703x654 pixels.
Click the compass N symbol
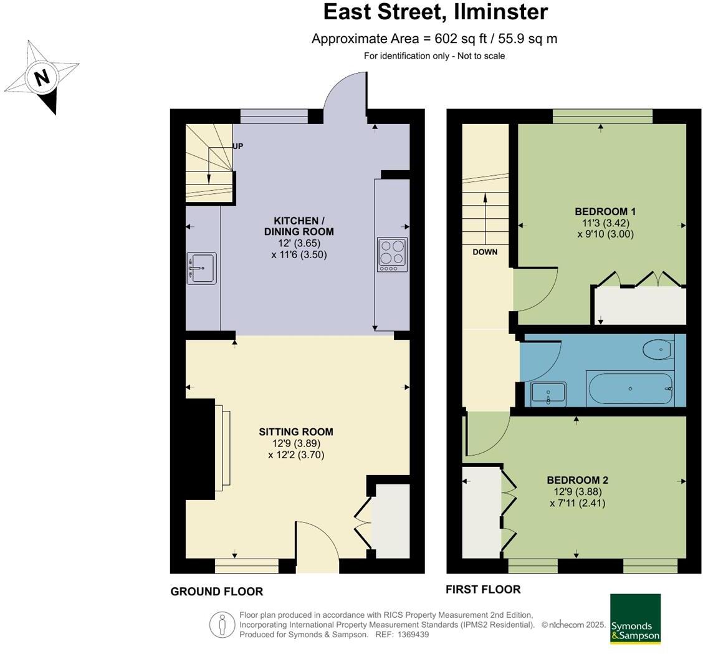(42, 78)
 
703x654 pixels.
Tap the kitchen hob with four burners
(392, 254)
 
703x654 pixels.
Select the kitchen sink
(201, 268)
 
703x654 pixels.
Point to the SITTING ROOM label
(296, 431)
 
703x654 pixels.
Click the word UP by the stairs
(237, 147)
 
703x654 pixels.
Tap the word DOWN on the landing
(485, 252)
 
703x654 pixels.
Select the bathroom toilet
(659, 349)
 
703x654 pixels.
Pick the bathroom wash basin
(548, 393)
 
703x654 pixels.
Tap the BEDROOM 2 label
(577, 480)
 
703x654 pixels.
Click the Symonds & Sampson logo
(635, 618)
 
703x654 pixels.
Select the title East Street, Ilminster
(436, 11)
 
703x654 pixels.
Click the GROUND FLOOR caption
(216, 592)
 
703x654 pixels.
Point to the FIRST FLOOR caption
(482, 589)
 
